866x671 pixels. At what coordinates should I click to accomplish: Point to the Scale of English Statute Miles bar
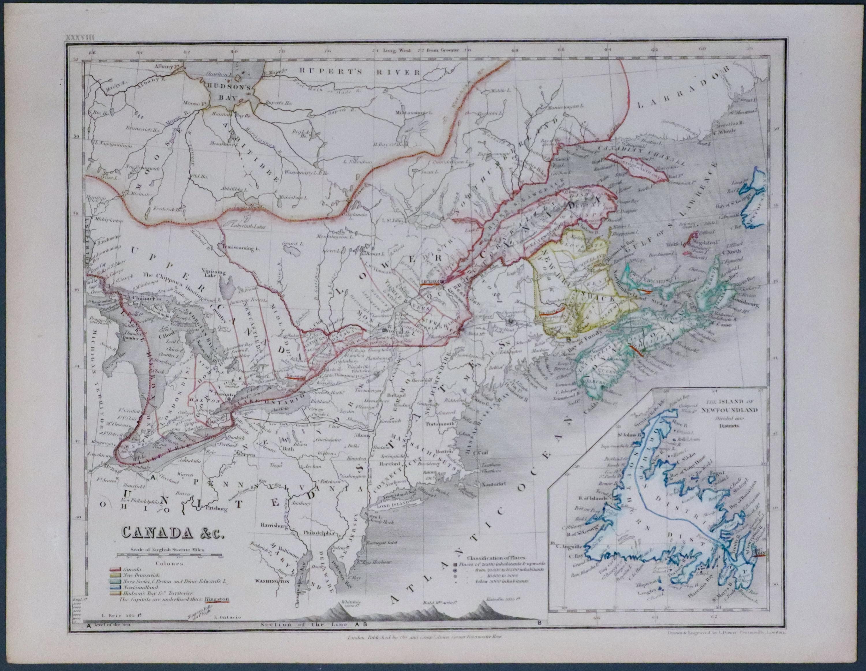169,554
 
